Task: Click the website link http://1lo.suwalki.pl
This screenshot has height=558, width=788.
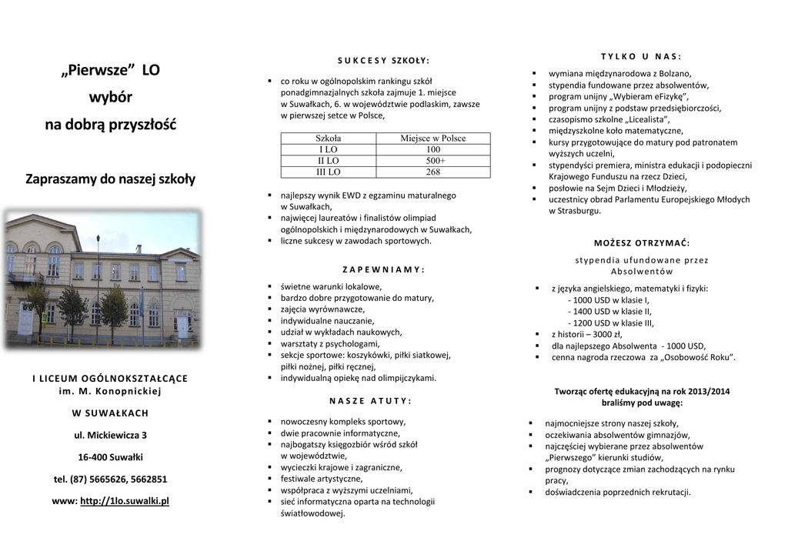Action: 124,501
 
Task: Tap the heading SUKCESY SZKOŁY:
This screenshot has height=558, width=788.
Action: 383,60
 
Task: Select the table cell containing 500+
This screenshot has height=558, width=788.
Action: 432,161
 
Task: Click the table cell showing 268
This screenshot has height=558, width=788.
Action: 432,172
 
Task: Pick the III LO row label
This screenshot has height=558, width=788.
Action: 328,172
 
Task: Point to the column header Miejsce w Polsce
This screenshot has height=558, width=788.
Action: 432,139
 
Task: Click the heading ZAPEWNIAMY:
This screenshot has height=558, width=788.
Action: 382,269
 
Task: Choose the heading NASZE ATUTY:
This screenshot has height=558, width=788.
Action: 370,401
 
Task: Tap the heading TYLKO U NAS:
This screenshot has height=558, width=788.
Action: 641,56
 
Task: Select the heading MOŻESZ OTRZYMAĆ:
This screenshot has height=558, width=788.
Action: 642,243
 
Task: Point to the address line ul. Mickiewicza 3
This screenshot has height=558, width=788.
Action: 110,436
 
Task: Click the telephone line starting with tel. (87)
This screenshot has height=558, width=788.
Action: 110,479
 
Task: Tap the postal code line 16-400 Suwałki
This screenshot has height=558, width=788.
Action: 110,457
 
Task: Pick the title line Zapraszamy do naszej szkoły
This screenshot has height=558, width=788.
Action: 110,179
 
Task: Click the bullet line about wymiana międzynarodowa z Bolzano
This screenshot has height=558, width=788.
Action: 609,73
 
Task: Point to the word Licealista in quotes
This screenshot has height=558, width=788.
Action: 647,119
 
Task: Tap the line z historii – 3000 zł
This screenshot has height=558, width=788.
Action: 586,334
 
